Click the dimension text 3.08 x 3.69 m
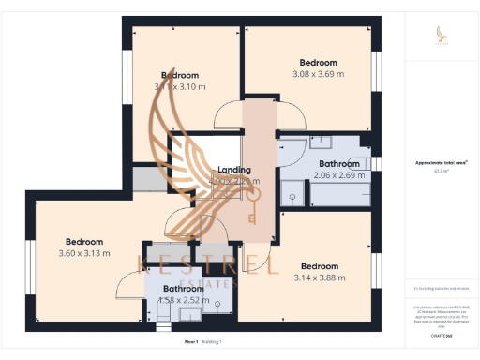(x=318, y=73)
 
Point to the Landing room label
(x=234, y=170)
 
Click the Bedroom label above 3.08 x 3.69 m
(x=318, y=59)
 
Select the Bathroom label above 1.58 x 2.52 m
(x=183, y=288)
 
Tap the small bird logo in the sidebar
(x=442, y=35)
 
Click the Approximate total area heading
(x=442, y=162)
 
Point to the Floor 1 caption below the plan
(x=191, y=343)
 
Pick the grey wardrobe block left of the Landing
(x=148, y=178)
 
